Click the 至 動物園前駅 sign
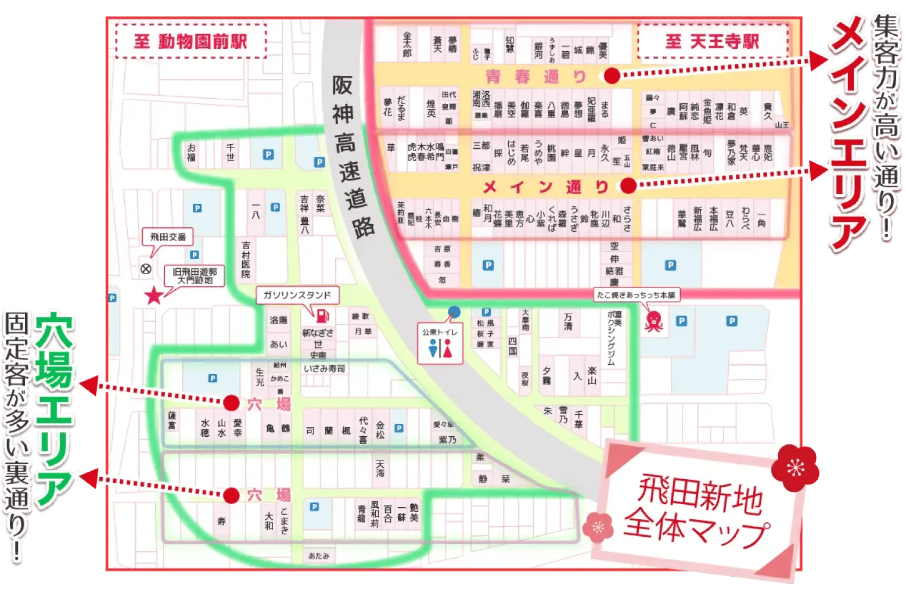[x=190, y=41]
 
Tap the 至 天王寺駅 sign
[x=713, y=41]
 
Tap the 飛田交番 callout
[x=168, y=237]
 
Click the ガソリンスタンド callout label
[x=297, y=295]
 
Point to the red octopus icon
[x=654, y=321]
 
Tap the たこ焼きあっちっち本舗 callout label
[x=636, y=294]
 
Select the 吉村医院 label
[x=246, y=260]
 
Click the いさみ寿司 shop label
[x=324, y=368]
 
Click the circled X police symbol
[x=146, y=269]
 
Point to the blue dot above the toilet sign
[x=455, y=312]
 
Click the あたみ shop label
[x=319, y=556]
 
